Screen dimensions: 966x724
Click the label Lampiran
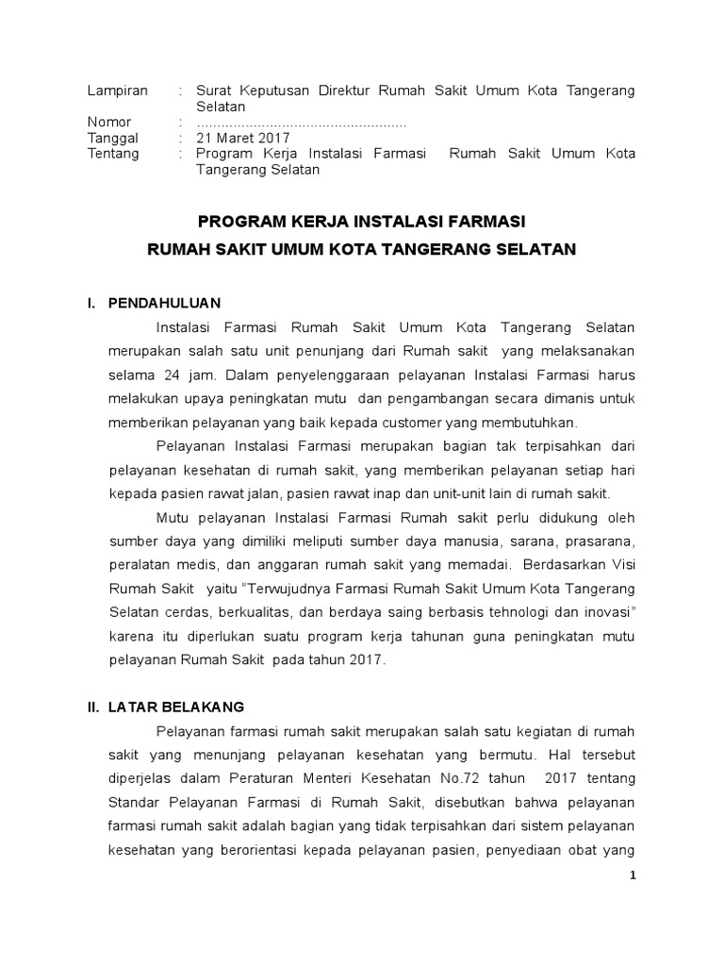[x=118, y=91]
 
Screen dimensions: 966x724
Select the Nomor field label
[x=109, y=123]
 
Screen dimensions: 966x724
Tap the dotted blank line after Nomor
[x=302, y=123]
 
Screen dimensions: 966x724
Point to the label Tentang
[x=112, y=154]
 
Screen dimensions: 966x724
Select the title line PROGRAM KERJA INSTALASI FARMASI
[x=361, y=222]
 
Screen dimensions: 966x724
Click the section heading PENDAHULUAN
[x=164, y=303]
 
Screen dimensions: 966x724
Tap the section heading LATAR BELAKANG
[x=176, y=706]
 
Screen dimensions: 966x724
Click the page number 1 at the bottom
[x=633, y=874]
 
